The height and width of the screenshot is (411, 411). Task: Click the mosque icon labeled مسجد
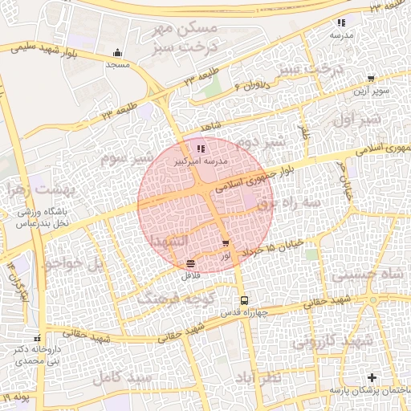click(x=119, y=55)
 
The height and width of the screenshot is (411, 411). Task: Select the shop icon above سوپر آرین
click(x=370, y=79)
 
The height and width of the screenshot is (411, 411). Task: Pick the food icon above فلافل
click(x=190, y=263)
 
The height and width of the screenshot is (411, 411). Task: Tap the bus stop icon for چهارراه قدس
click(x=244, y=299)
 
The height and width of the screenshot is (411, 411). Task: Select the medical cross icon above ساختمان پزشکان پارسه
click(x=371, y=377)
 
